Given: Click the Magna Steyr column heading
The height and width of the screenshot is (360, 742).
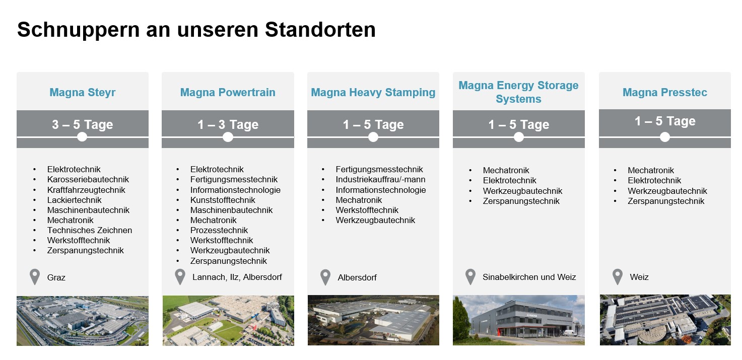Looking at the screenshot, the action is (x=83, y=92).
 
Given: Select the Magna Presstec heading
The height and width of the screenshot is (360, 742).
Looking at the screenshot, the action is (x=665, y=92).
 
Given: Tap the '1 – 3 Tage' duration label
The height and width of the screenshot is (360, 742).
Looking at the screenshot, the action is (x=228, y=124).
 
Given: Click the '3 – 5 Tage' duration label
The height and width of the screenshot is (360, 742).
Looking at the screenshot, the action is (x=83, y=124).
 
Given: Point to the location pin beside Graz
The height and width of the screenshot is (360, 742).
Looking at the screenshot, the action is (x=35, y=276).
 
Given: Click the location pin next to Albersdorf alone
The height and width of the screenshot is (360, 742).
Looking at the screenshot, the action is (x=325, y=276).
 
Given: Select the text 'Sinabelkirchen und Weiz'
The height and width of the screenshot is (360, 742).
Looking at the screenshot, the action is (x=529, y=277).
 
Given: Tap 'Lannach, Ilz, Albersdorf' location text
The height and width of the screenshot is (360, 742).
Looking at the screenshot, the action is (x=237, y=277).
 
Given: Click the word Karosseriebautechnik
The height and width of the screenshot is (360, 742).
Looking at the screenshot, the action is (x=88, y=180).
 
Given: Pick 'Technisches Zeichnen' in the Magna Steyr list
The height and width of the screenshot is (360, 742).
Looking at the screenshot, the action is (x=90, y=230).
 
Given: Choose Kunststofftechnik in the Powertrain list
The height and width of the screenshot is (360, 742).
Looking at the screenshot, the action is (x=223, y=200).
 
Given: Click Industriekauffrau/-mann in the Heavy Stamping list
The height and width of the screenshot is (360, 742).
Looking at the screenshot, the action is (x=380, y=180).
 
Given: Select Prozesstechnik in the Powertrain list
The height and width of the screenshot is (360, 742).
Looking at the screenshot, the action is (x=219, y=230).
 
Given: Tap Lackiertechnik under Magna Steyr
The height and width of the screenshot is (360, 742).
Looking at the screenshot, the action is (x=74, y=200).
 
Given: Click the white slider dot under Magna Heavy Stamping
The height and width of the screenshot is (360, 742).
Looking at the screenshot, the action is (x=373, y=137).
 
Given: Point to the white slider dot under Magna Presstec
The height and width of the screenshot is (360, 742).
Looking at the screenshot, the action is (x=664, y=137).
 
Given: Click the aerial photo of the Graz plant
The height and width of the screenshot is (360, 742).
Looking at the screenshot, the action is (x=83, y=321).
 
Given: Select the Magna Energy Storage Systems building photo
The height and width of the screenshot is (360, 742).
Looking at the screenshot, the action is (x=519, y=320).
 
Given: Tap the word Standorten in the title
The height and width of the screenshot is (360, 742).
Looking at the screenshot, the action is (x=320, y=30).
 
